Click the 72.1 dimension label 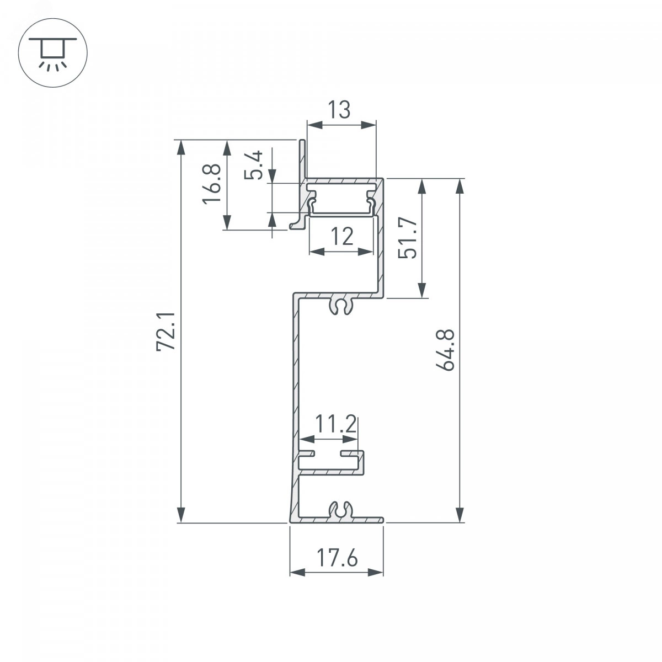coord(166,331)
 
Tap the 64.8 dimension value coord(445,350)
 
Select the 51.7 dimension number coord(408,238)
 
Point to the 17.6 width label coord(337,558)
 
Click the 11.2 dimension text coord(335,424)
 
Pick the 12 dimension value coord(342,236)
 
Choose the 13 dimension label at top coord(339,109)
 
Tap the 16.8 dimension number coord(212,184)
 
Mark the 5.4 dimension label coord(254,165)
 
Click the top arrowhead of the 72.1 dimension coord(181,148)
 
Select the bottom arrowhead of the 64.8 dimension coord(461,514)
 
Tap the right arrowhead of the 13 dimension coord(369,126)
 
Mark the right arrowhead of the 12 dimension coord(365,252)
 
